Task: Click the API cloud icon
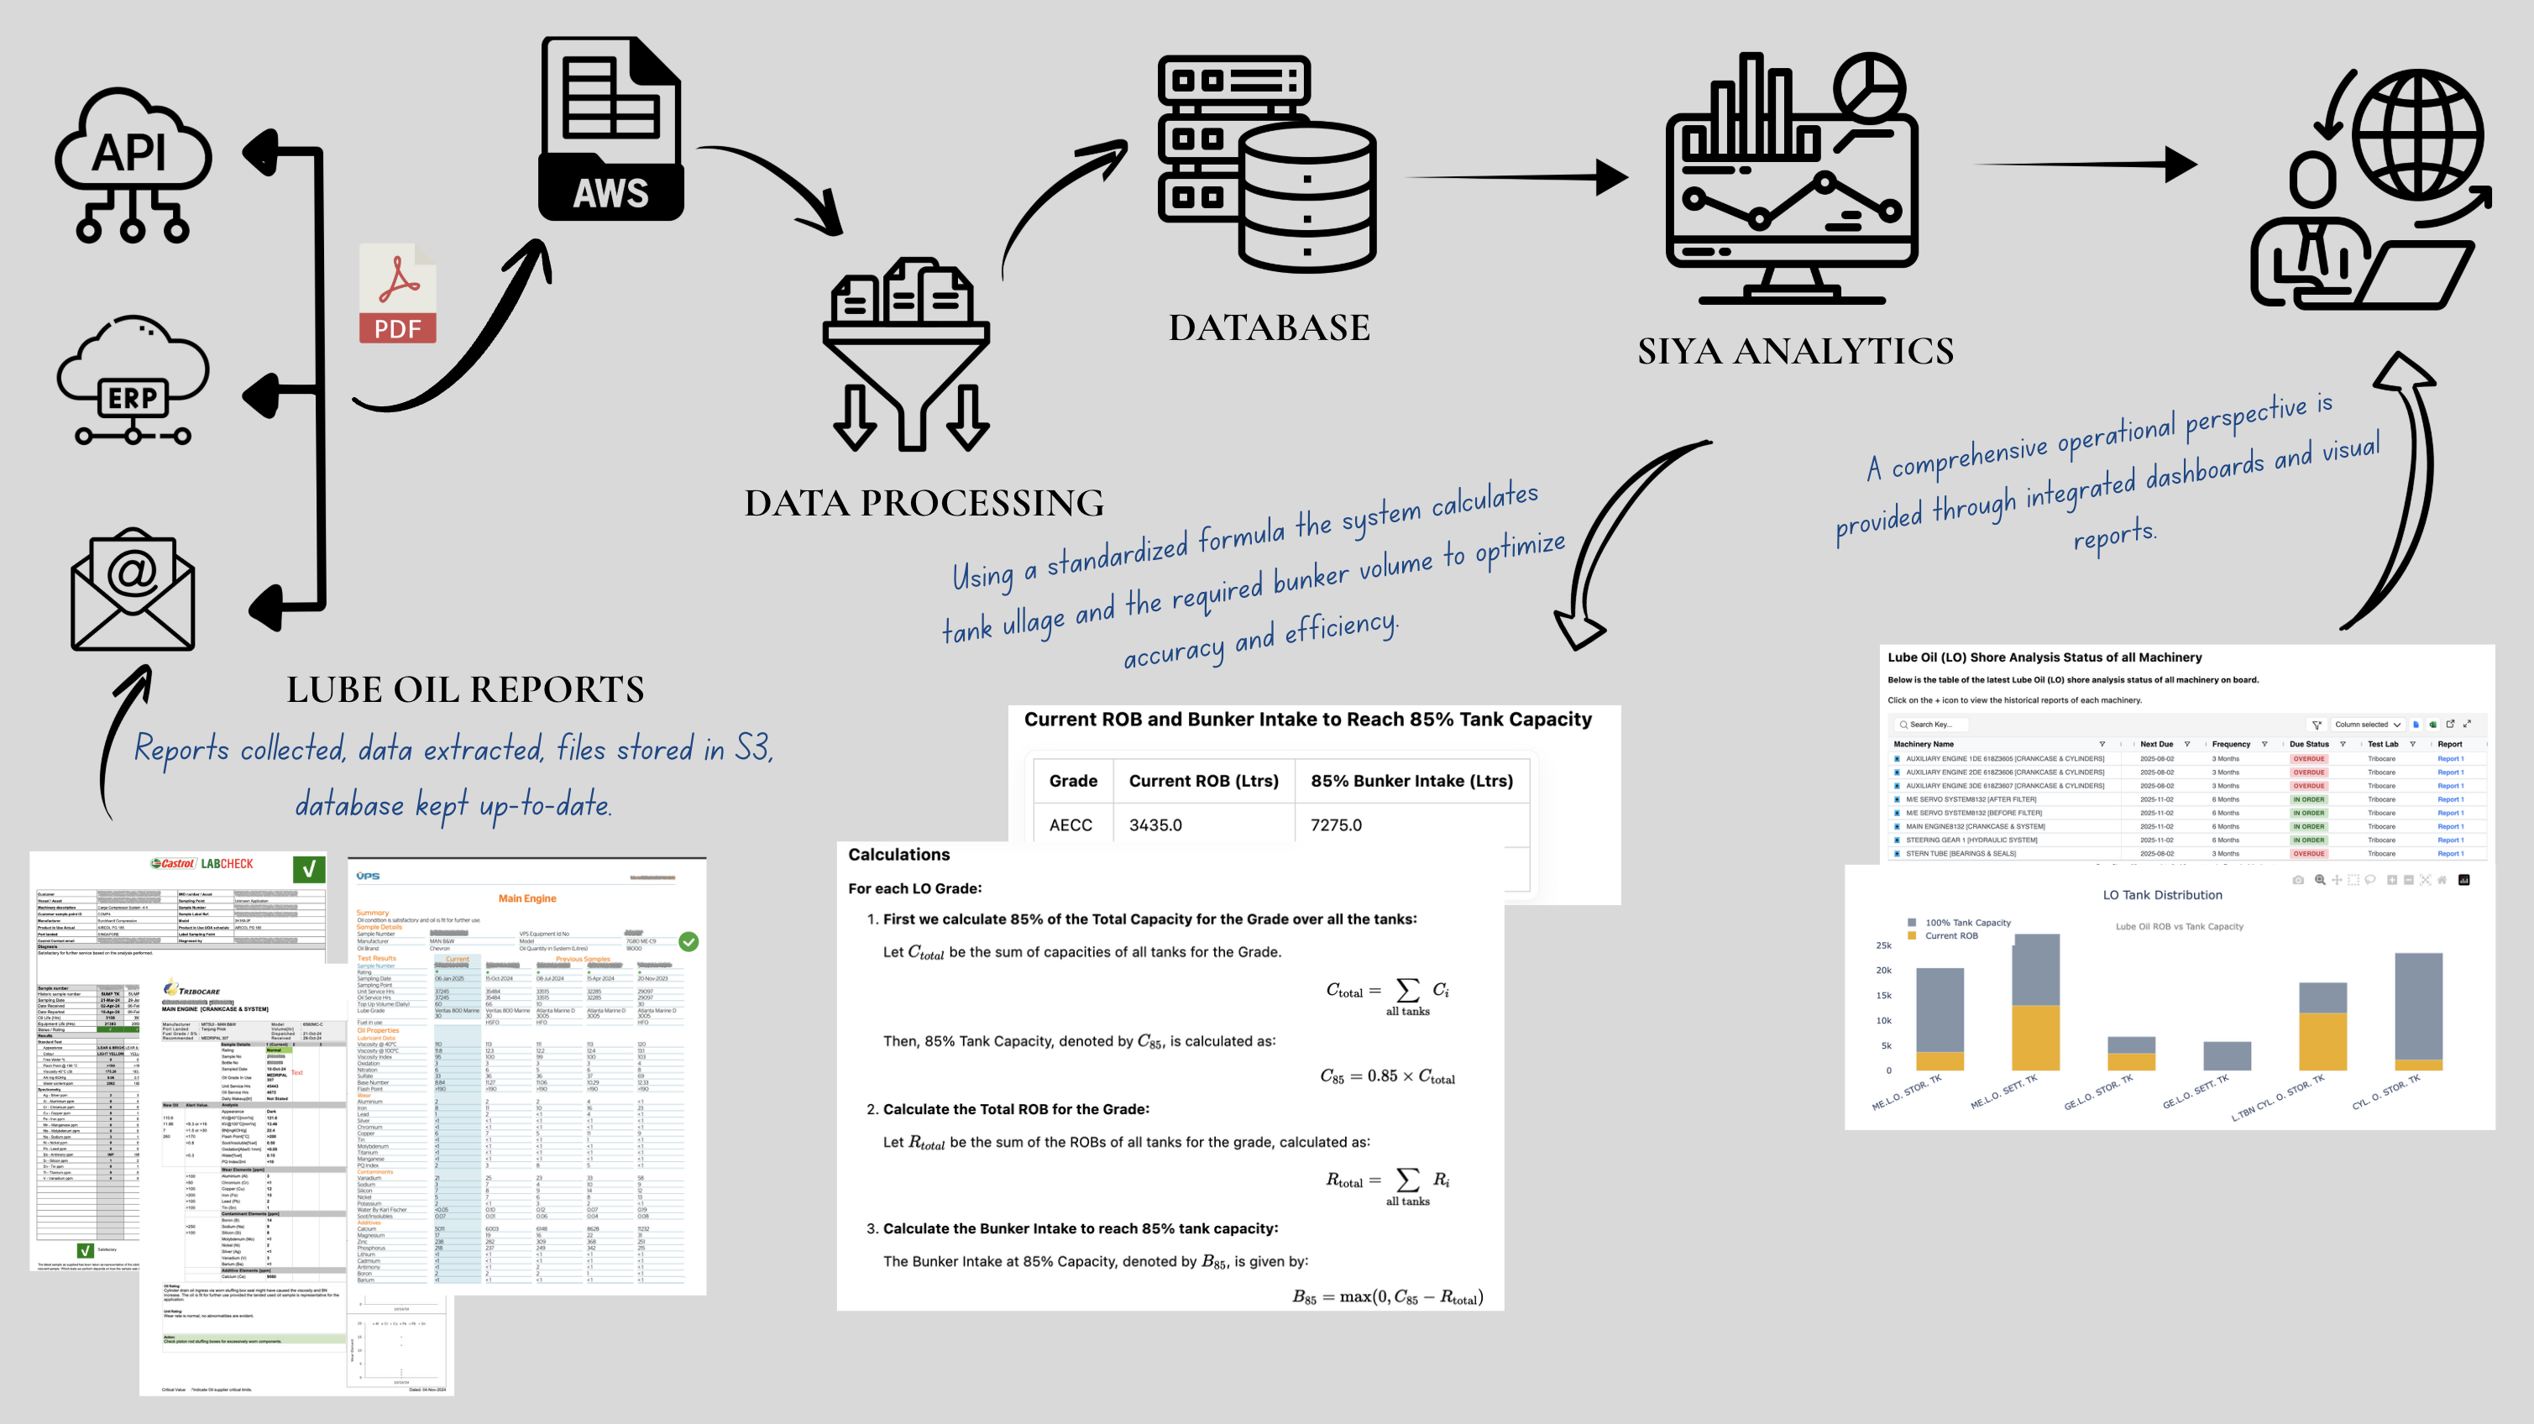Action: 132,163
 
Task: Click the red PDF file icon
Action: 397,294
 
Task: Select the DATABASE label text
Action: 1269,327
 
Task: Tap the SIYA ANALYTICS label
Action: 1795,351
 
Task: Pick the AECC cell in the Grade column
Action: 1071,825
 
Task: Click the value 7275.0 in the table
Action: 1336,825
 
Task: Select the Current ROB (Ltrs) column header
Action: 1203,781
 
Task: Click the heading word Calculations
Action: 899,855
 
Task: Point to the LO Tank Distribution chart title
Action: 2162,895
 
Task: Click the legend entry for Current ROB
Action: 1950,936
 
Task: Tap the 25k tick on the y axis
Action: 1882,945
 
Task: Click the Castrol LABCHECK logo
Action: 202,863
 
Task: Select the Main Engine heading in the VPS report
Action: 527,898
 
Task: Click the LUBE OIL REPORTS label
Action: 465,689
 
